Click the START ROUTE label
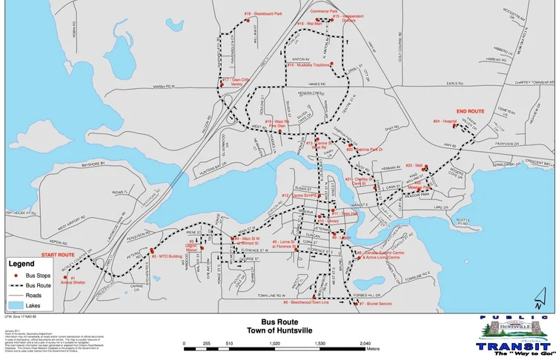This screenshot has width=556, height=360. [x=58, y=255]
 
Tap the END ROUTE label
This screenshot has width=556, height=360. [x=470, y=111]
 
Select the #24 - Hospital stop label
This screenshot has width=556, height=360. [x=446, y=121]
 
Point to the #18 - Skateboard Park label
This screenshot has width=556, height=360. [x=264, y=14]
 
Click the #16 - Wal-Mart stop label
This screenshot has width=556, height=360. [x=310, y=24]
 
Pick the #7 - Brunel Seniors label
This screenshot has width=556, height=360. [x=376, y=304]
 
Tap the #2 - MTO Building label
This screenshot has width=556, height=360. [x=168, y=256]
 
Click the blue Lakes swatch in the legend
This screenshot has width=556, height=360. [x=16, y=304]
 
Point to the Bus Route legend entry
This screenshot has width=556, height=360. [x=39, y=284]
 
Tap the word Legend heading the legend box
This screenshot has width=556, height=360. [x=21, y=263]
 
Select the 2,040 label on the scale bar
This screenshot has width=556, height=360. [x=365, y=344]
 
